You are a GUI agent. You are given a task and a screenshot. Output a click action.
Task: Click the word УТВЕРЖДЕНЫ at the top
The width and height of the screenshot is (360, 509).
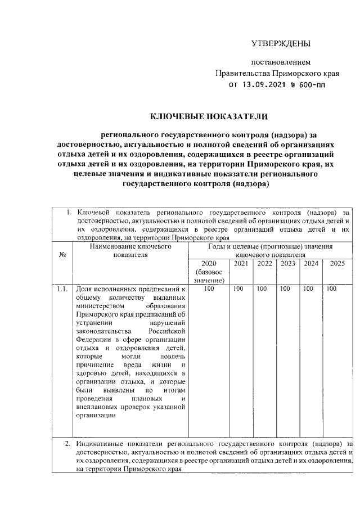[280, 44]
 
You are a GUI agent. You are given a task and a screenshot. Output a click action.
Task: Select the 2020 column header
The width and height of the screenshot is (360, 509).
[208, 264]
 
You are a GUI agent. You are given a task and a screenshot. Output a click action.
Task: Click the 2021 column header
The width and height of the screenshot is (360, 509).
[241, 264]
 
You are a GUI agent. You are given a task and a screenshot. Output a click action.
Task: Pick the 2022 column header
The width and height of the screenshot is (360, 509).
[264, 264]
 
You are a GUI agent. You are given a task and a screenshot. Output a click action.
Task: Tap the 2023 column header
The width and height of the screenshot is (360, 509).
[288, 264]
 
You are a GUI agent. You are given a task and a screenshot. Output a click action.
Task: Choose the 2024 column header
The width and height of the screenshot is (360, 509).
[311, 264]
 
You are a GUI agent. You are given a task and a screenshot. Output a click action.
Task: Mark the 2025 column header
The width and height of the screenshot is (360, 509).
[337, 264]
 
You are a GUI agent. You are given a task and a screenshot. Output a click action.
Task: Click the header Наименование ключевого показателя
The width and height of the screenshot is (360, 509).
[130, 250]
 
